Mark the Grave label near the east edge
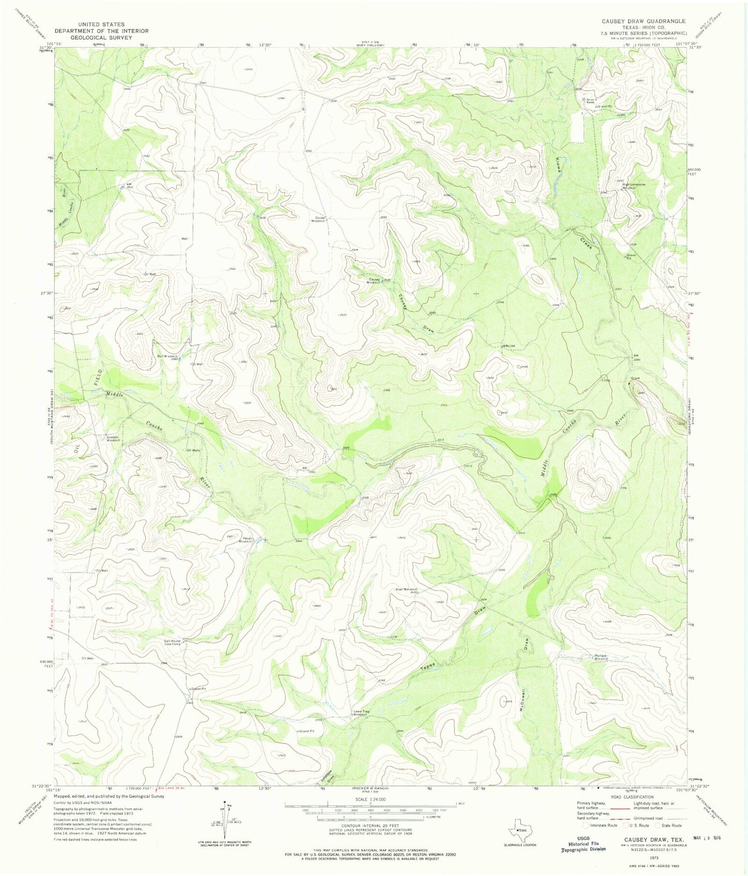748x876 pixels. click(635, 378)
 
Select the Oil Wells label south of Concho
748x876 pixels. click(193, 450)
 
